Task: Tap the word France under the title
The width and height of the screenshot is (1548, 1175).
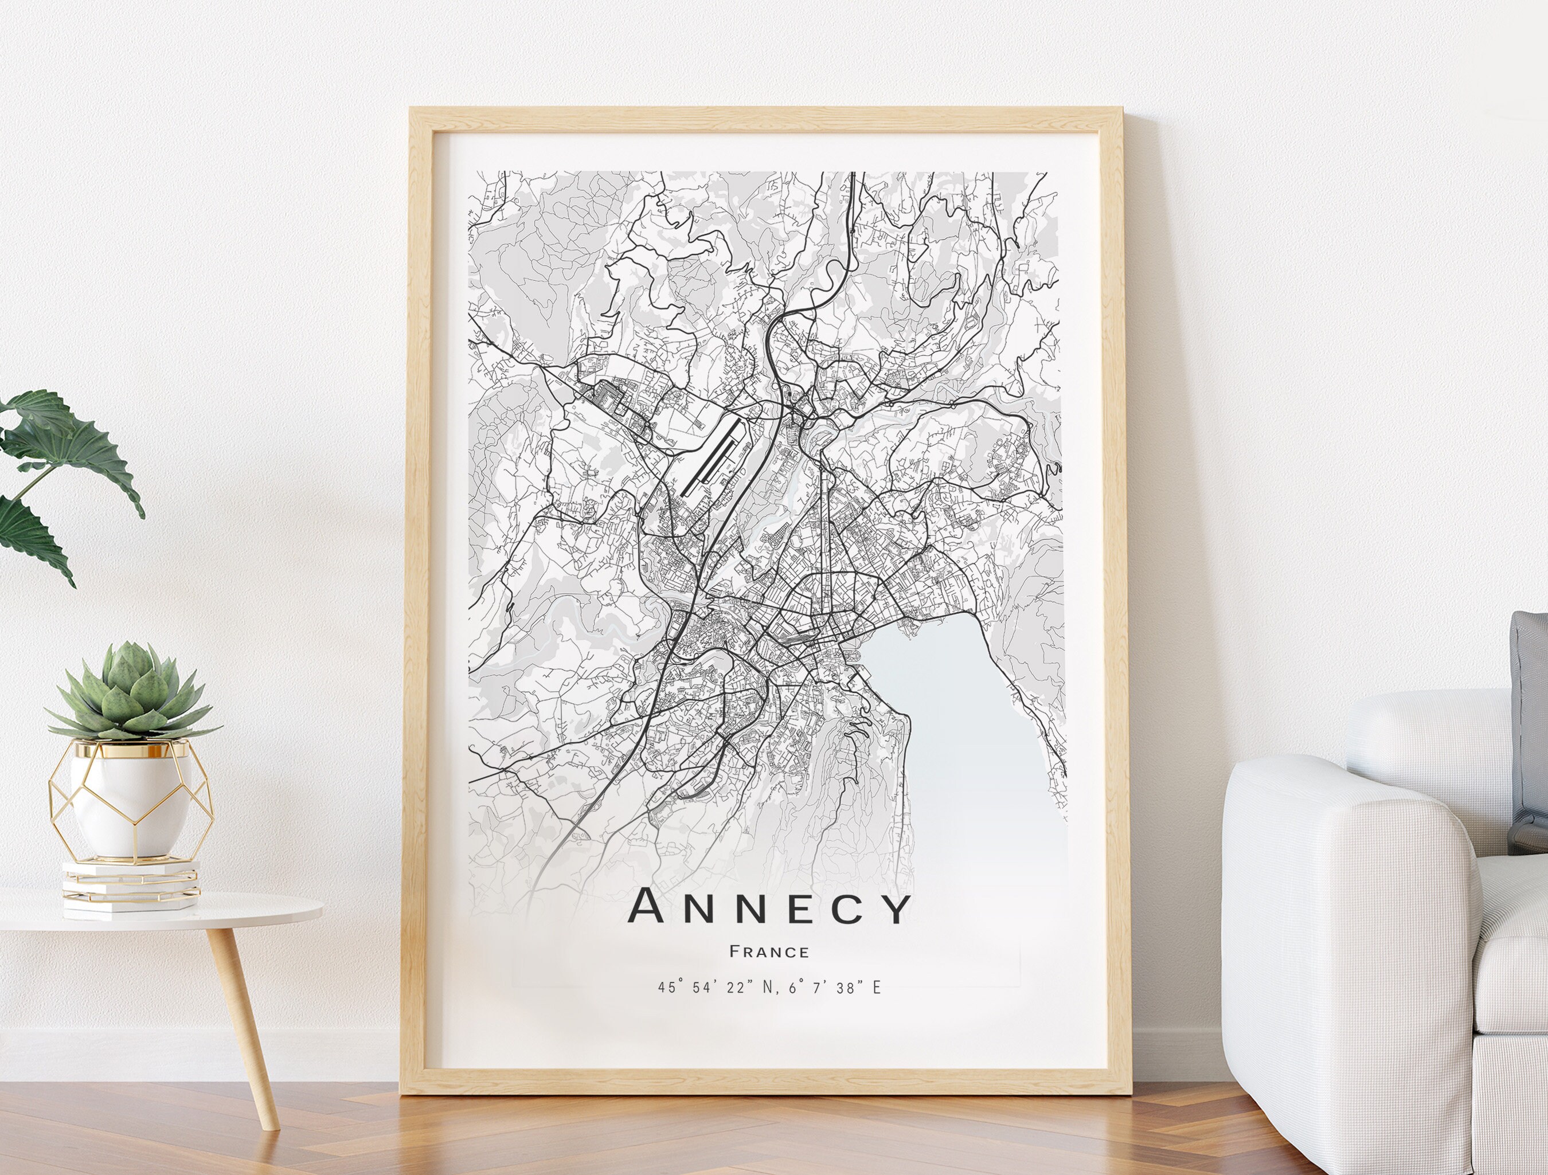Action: point(769,952)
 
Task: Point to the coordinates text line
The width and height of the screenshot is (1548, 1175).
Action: point(769,988)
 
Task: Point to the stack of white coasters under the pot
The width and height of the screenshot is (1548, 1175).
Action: point(130,886)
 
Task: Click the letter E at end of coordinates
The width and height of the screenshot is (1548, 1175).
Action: point(876,988)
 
